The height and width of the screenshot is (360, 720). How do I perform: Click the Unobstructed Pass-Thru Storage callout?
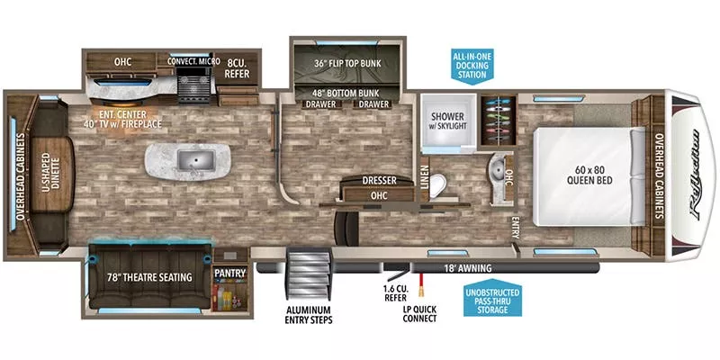click(496, 301)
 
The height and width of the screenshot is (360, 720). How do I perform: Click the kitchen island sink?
click(191, 161)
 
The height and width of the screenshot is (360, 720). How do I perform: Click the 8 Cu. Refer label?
click(237, 69)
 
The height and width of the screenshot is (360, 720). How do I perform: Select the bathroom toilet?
click(436, 185)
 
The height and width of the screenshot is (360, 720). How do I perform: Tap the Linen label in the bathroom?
click(424, 182)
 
